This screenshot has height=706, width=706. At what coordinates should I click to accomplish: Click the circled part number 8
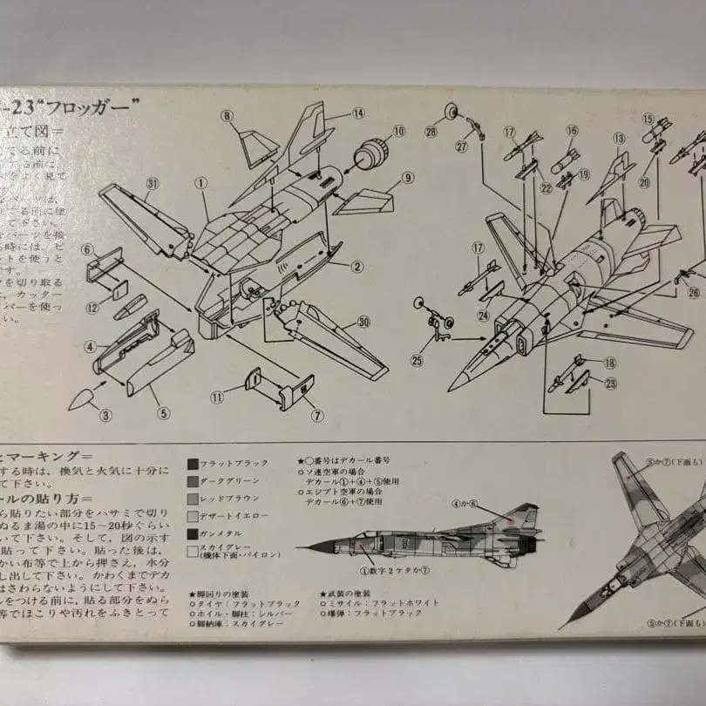point(227,116)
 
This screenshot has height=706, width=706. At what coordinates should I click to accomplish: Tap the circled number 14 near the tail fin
point(358,113)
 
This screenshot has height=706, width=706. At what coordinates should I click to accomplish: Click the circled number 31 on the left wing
point(153,183)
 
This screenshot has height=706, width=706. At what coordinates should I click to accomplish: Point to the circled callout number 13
point(620,139)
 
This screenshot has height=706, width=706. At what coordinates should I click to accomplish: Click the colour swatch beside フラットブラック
point(193,464)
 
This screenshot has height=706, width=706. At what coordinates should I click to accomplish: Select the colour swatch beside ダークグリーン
point(193,481)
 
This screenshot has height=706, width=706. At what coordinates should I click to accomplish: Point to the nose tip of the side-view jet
point(298,548)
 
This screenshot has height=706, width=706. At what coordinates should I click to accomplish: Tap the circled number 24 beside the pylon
point(483,316)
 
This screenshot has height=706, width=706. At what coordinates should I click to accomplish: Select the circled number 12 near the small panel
point(92,307)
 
